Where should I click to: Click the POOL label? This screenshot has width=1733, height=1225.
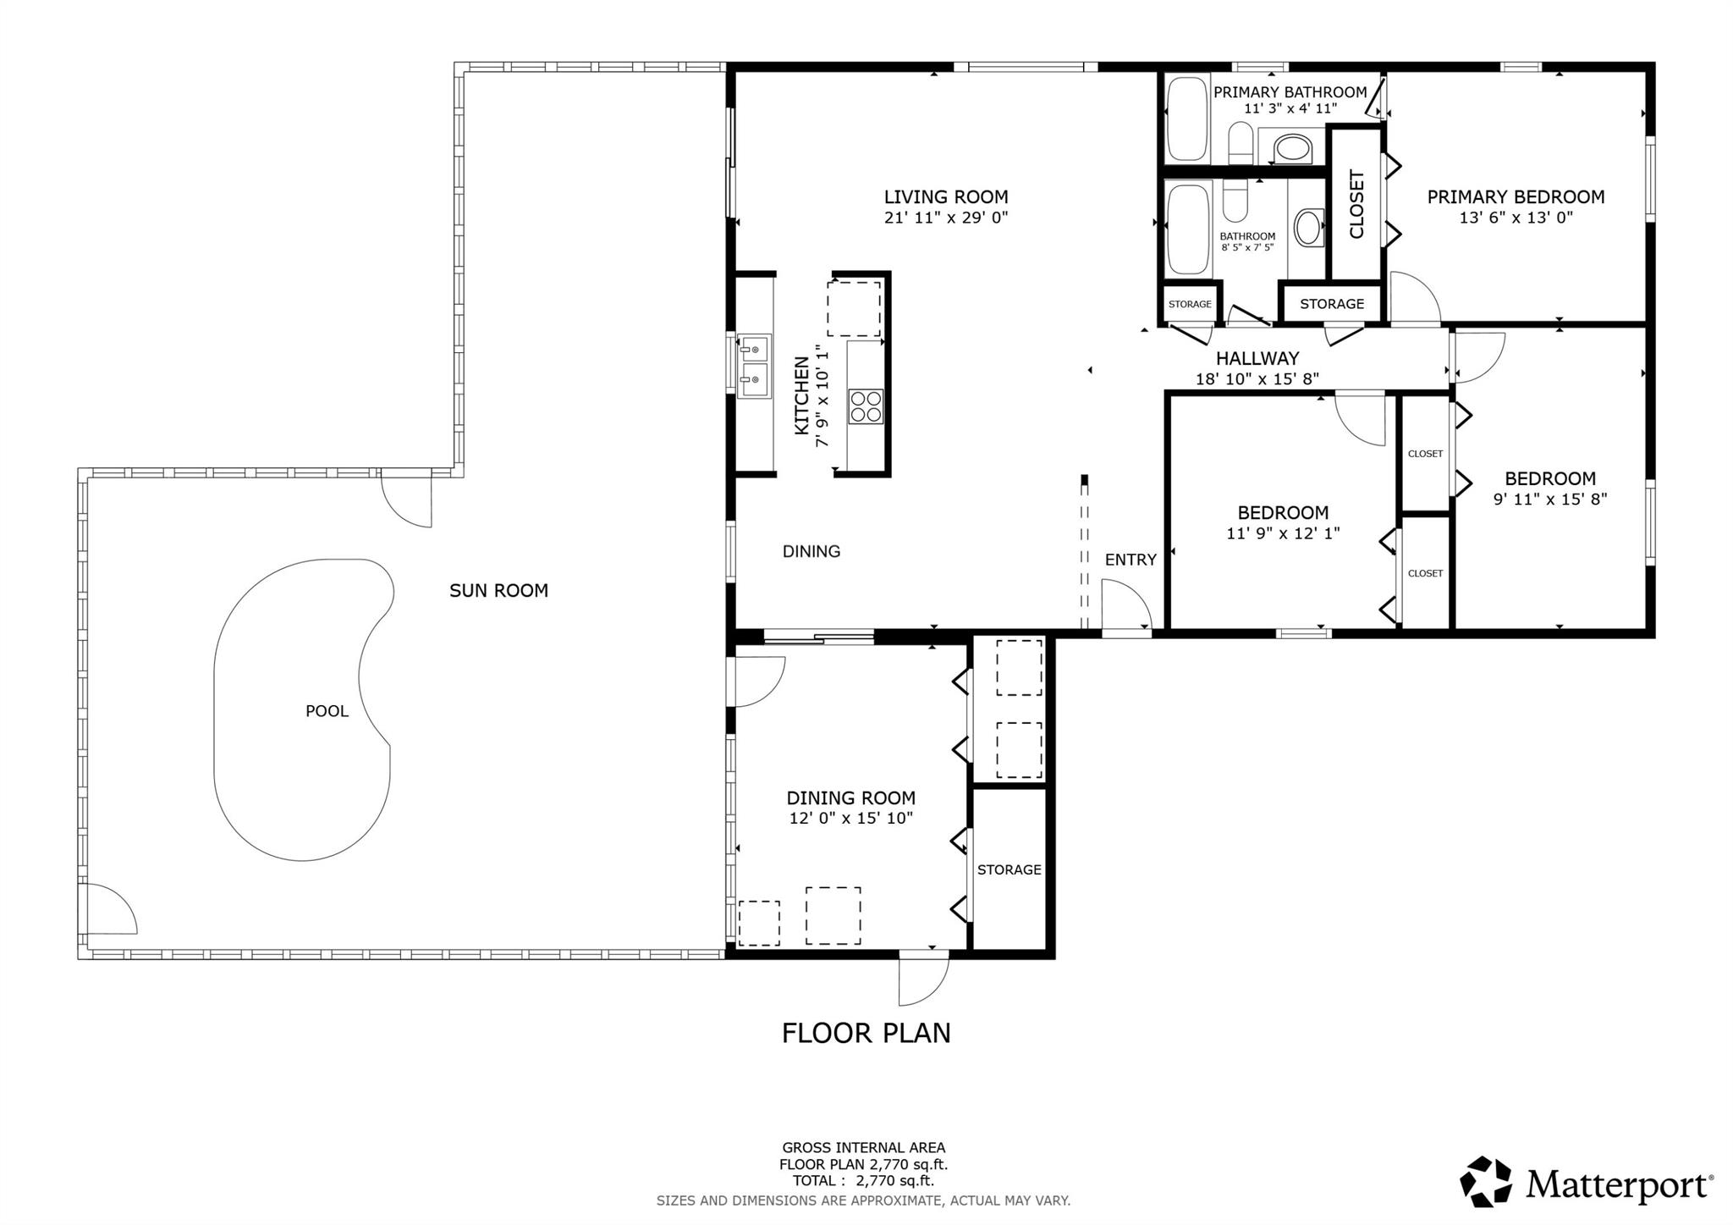(327, 711)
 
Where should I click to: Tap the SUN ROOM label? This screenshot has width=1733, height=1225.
(498, 591)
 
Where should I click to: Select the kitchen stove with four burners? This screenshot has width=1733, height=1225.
(866, 406)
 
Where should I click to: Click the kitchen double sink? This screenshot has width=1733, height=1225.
(754, 367)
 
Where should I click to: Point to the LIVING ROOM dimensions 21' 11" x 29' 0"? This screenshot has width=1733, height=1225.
(946, 218)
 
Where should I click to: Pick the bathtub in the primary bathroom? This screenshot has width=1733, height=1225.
(1187, 119)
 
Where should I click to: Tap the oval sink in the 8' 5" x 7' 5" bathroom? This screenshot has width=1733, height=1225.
(1308, 228)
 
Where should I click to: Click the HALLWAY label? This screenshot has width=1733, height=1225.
(1257, 359)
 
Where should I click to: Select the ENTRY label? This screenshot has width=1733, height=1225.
(1131, 560)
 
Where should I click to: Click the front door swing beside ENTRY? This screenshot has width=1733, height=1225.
(1126, 604)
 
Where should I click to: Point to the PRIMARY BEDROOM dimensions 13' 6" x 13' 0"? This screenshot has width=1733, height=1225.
(1516, 218)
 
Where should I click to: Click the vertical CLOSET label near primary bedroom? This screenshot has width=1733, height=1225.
(1356, 205)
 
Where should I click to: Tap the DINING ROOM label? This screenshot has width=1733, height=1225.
(850, 797)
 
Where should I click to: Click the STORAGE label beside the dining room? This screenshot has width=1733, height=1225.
(1009, 869)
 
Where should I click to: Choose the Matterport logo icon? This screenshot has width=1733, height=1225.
(1486, 1181)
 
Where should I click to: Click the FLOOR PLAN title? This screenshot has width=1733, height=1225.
(866, 1033)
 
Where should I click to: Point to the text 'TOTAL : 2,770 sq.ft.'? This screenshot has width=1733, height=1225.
(863, 1181)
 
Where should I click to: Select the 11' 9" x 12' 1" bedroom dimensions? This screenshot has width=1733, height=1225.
(1283, 533)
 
